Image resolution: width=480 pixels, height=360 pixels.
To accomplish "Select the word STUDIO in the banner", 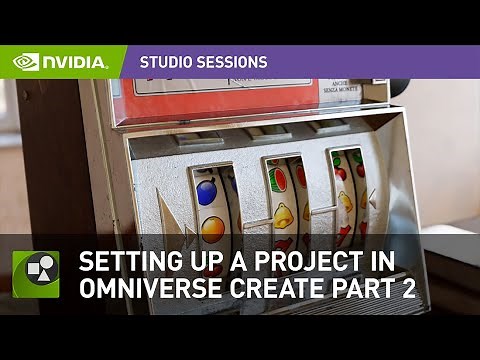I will point(166,62).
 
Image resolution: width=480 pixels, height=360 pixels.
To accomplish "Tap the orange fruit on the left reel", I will point(213,228).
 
